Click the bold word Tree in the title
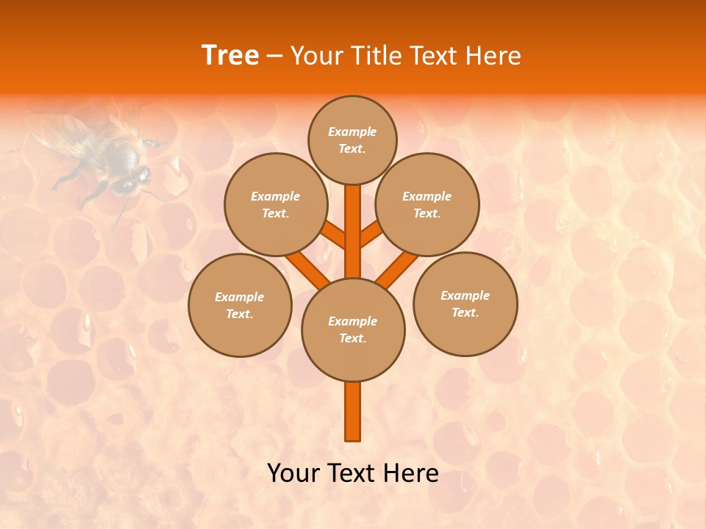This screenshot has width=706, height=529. pos(230,56)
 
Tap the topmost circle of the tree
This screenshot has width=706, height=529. pos(352,140)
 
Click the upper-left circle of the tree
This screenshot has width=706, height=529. pos(276,205)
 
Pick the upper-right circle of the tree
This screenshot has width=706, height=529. pos(427,205)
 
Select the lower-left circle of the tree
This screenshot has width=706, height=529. pos(240,305)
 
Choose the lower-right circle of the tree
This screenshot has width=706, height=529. pos(466,304)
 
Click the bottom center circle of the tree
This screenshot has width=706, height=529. pos(353,330)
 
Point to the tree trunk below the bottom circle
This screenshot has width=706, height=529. pos(353,411)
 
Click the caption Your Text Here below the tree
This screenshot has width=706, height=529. pos(353,473)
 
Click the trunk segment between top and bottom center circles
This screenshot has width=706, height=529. pos(353,231)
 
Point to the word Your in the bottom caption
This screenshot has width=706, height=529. pos(293,473)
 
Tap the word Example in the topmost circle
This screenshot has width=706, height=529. pos(352,132)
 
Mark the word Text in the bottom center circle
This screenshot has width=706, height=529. pos(352,339)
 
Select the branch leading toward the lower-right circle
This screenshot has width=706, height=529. pos(397,267)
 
